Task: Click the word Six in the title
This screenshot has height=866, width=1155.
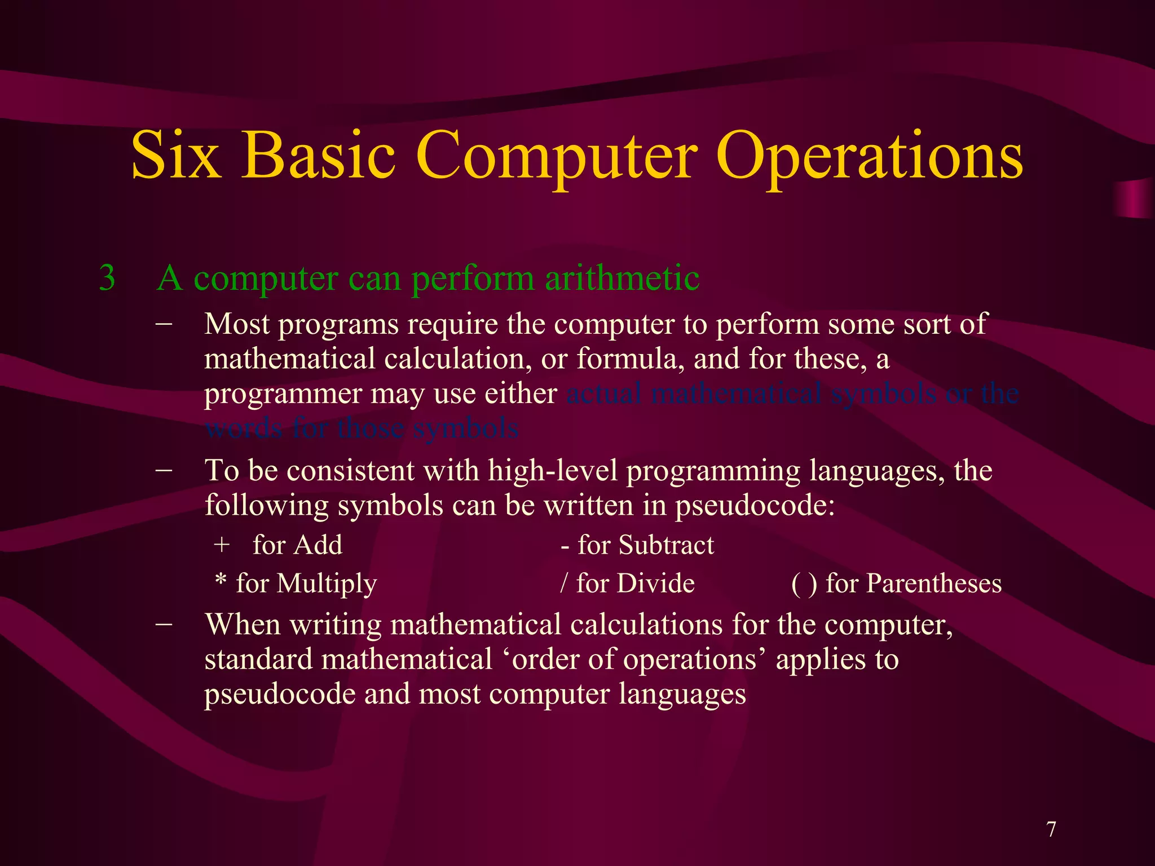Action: point(175,155)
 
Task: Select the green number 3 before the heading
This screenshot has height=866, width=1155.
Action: point(107,278)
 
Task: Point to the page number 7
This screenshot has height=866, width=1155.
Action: point(1051,829)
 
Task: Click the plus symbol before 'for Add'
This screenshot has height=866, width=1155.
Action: point(222,545)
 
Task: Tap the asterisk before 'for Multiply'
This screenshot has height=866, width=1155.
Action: point(221,581)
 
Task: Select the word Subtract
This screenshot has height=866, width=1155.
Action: point(666,545)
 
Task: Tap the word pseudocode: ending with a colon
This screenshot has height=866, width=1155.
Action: point(755,506)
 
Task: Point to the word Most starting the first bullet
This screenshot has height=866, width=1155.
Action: point(237,325)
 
